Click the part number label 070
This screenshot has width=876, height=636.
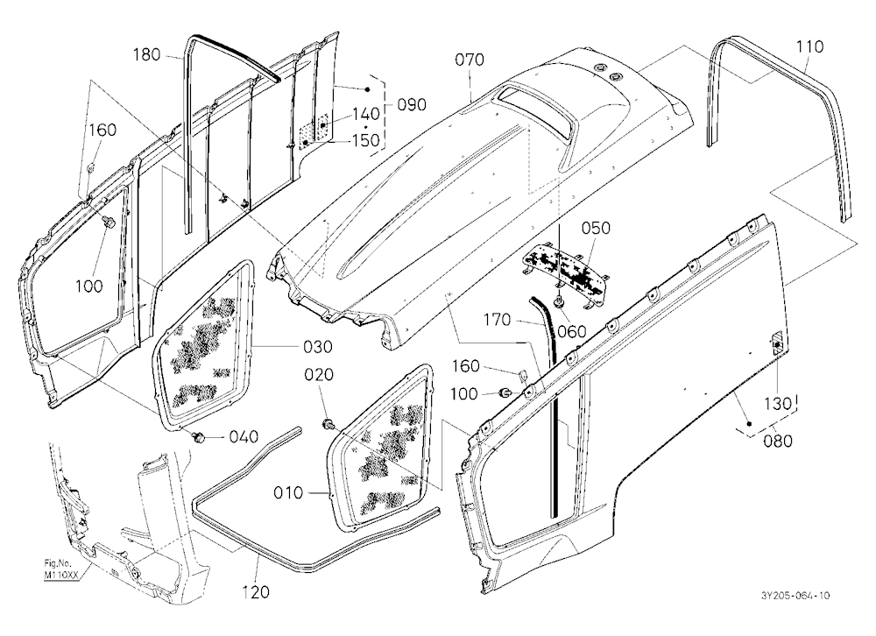(x=470, y=60)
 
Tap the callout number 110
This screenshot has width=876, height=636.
(x=809, y=46)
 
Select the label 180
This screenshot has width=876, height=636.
(x=147, y=55)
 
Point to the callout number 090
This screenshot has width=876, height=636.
(x=412, y=104)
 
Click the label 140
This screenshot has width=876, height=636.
(x=366, y=114)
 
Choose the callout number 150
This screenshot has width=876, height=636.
(x=366, y=139)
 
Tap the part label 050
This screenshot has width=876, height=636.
(x=596, y=228)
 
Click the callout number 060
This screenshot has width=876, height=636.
(x=571, y=331)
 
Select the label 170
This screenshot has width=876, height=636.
(x=498, y=320)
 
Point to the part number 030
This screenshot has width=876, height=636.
(x=318, y=347)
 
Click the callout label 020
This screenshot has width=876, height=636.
(x=319, y=374)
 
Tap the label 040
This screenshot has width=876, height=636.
(x=244, y=436)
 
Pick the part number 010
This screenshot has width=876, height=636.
(x=288, y=493)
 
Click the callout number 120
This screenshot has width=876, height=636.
(x=256, y=592)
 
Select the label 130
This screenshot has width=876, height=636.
(x=778, y=404)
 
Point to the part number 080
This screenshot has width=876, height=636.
(x=778, y=441)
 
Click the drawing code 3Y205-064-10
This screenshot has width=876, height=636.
(x=795, y=596)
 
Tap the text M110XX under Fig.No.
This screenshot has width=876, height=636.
(x=61, y=574)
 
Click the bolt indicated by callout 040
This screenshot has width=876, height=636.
(x=196, y=436)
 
